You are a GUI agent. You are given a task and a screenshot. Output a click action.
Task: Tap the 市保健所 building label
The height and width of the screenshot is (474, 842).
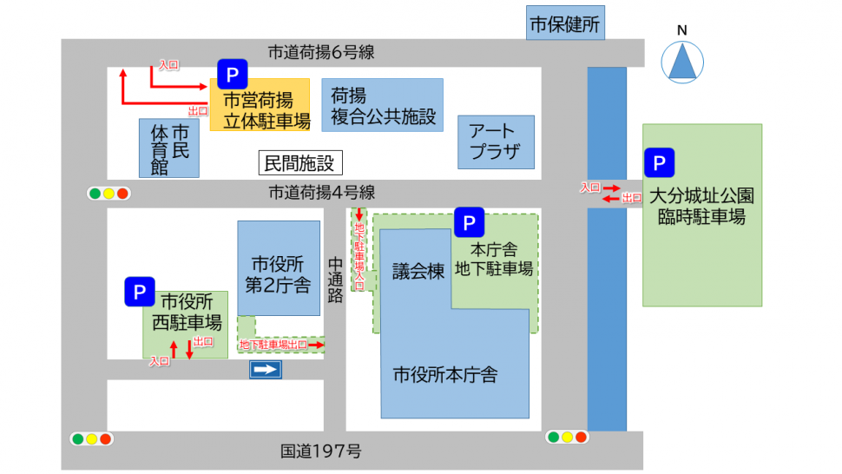coord(565,23)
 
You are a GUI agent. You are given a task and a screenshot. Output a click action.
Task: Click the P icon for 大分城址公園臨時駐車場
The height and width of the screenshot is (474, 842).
coord(659,162)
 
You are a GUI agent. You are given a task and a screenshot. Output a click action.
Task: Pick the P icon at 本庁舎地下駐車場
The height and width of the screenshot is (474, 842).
coord(469,223)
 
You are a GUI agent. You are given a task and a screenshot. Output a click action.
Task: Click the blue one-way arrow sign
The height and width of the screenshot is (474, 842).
coord(266,371)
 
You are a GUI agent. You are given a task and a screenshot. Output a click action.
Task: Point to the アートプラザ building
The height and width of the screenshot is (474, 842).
coord(496,142)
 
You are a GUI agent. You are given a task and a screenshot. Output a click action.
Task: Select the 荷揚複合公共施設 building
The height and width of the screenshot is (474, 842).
coord(382,105)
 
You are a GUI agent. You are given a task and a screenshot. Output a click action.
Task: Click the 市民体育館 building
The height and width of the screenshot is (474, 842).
coord(169,148)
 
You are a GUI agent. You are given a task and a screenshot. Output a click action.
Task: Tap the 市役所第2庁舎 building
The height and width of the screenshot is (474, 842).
coord(279,268)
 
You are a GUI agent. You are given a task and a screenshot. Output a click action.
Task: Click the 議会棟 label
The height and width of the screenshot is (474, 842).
coord(418,272)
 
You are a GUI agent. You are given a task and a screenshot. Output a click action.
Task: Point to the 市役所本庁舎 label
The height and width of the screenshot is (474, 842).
coord(445,375)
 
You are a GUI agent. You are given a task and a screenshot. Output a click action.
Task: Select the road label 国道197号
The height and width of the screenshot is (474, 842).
coord(320,451)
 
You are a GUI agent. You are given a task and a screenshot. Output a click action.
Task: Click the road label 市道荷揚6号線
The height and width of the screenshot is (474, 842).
coord(320,52)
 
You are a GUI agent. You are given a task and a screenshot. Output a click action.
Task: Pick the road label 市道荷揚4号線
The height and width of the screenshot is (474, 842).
coord(320,193)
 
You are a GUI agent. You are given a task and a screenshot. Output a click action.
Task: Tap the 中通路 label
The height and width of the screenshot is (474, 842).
coord(335,278)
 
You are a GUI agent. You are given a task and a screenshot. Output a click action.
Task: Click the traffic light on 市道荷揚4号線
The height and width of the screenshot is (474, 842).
coord(109,194)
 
